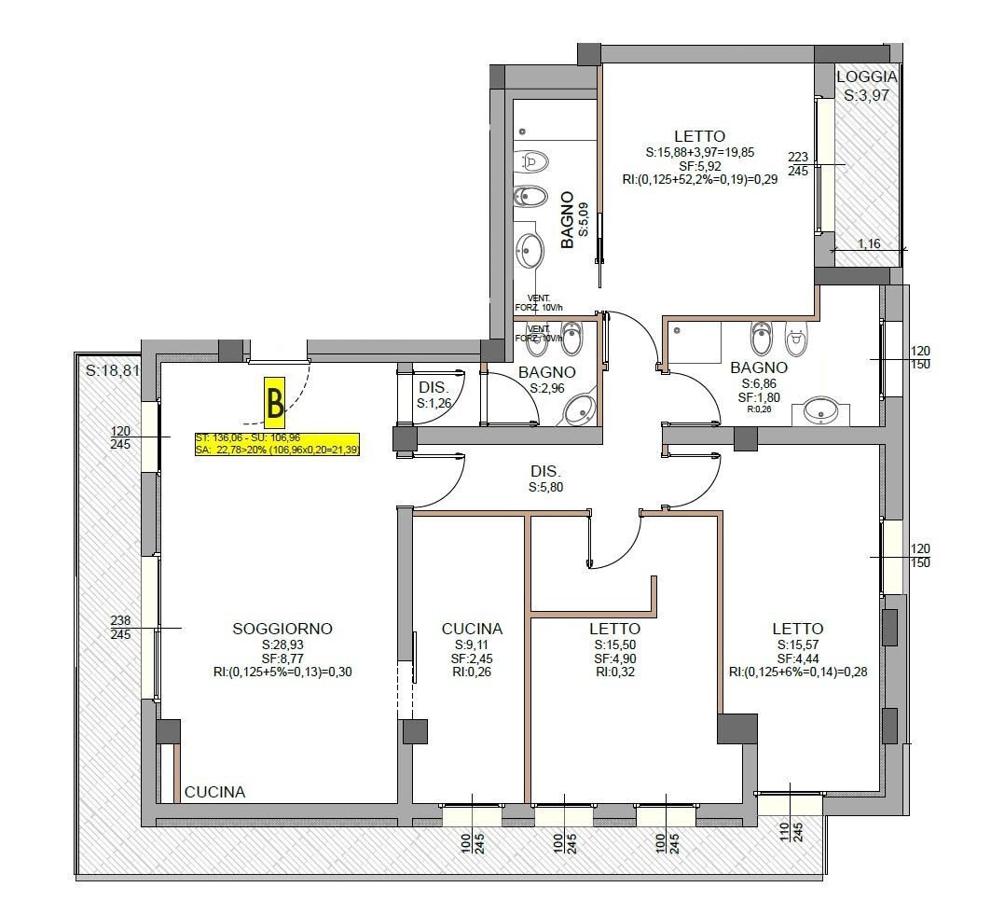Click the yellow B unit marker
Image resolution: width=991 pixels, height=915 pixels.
coord(275,403)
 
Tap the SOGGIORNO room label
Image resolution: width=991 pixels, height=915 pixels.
coord(282,629)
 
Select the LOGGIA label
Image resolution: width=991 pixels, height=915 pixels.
coord(866,77)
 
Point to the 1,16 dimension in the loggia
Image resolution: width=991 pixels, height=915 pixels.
coord(868,243)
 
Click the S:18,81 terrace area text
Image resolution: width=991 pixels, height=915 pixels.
coord(112,370)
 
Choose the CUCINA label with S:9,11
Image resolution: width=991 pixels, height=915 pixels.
coord(472,629)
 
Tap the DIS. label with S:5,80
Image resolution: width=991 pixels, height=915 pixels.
coord(547,472)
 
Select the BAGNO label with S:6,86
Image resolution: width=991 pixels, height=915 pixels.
coord(759,367)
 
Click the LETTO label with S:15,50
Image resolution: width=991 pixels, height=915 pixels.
coord(614,629)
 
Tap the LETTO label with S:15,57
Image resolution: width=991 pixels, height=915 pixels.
coord(797,629)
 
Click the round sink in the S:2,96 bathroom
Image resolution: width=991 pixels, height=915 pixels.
coord(582,408)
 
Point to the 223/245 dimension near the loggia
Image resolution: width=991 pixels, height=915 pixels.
coord(798,164)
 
